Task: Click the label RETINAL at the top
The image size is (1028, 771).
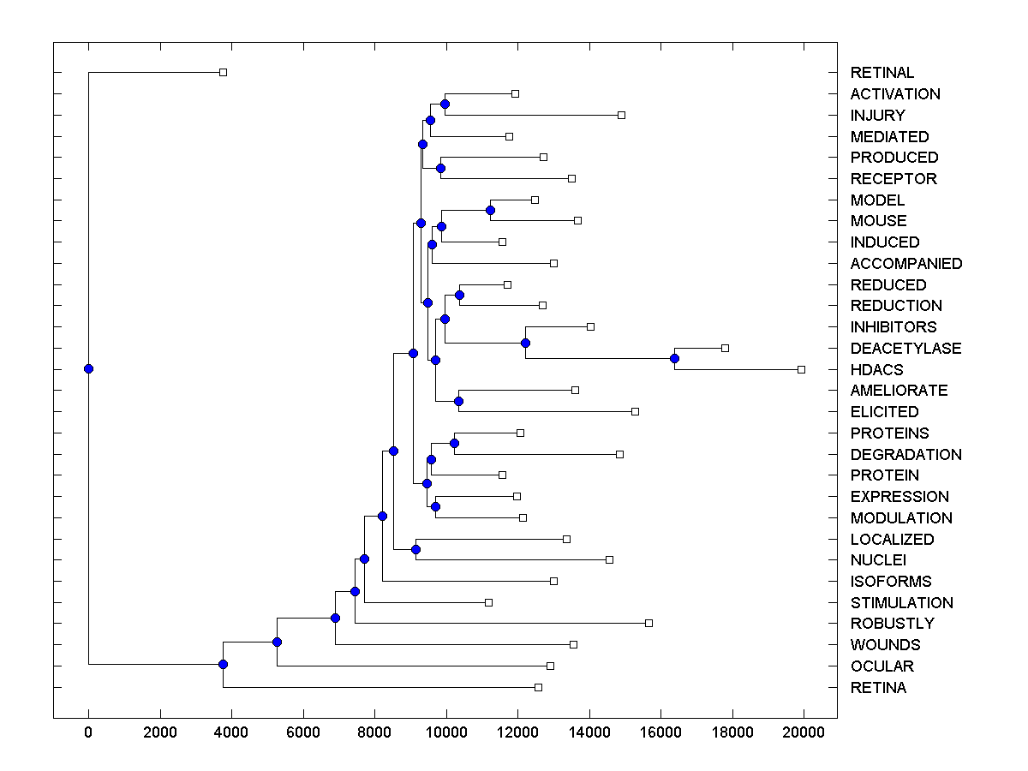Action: [x=882, y=73]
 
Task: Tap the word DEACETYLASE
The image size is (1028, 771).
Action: [x=905, y=348]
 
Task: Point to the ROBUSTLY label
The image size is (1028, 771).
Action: [x=892, y=623]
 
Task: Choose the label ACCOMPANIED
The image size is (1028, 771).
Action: [x=905, y=263]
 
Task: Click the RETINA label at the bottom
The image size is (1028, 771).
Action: [x=878, y=687]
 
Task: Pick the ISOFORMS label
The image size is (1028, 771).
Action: [x=890, y=581]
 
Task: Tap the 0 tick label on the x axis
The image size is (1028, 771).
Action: [x=88, y=731]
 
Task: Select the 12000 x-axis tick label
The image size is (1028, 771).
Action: [x=517, y=731]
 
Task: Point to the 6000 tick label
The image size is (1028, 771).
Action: [x=302, y=731]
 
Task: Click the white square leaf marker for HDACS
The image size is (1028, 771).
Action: [x=801, y=369]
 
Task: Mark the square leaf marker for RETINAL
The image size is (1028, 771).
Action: [x=223, y=72]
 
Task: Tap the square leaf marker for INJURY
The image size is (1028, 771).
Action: [x=621, y=115]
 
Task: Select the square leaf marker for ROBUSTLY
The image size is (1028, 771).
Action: [x=648, y=623]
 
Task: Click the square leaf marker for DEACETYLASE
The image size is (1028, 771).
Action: [x=725, y=348]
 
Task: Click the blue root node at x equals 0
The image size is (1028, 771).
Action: [x=88, y=369]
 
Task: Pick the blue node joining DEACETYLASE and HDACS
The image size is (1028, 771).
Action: [x=674, y=358]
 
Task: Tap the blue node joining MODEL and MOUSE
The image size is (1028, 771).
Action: [x=490, y=210]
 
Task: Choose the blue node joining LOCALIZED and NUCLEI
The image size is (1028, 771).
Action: [x=415, y=549]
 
